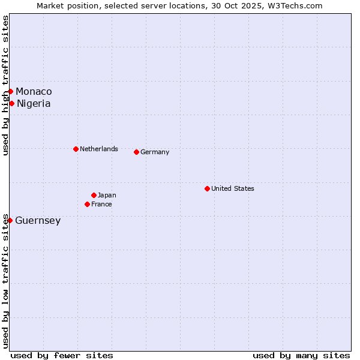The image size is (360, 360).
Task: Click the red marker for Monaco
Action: [x=10, y=91]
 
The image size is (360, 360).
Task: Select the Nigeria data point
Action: [x=11, y=103]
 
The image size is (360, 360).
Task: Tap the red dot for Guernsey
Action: [x=10, y=220]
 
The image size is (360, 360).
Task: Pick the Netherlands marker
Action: [x=76, y=149]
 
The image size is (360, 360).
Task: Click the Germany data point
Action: [x=136, y=152]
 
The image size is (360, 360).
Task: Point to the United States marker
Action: [x=207, y=188]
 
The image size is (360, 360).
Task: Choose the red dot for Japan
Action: [x=94, y=195]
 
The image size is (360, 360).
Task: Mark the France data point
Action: [x=87, y=204]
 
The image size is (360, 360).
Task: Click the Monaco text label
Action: [x=34, y=91]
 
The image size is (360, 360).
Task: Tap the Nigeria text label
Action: [x=34, y=103]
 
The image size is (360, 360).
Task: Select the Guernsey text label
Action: [x=38, y=220]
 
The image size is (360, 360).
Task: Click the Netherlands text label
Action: [x=98, y=149]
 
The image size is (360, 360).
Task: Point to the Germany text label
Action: [x=155, y=152]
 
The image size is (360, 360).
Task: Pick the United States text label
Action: [x=232, y=188]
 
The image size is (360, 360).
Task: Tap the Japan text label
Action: [x=107, y=195]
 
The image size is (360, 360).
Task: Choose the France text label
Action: [x=101, y=204]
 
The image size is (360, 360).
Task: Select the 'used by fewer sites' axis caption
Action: [x=62, y=355]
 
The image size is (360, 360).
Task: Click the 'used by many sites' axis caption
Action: [x=301, y=355]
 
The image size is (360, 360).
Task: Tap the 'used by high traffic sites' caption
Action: [x=5, y=85]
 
